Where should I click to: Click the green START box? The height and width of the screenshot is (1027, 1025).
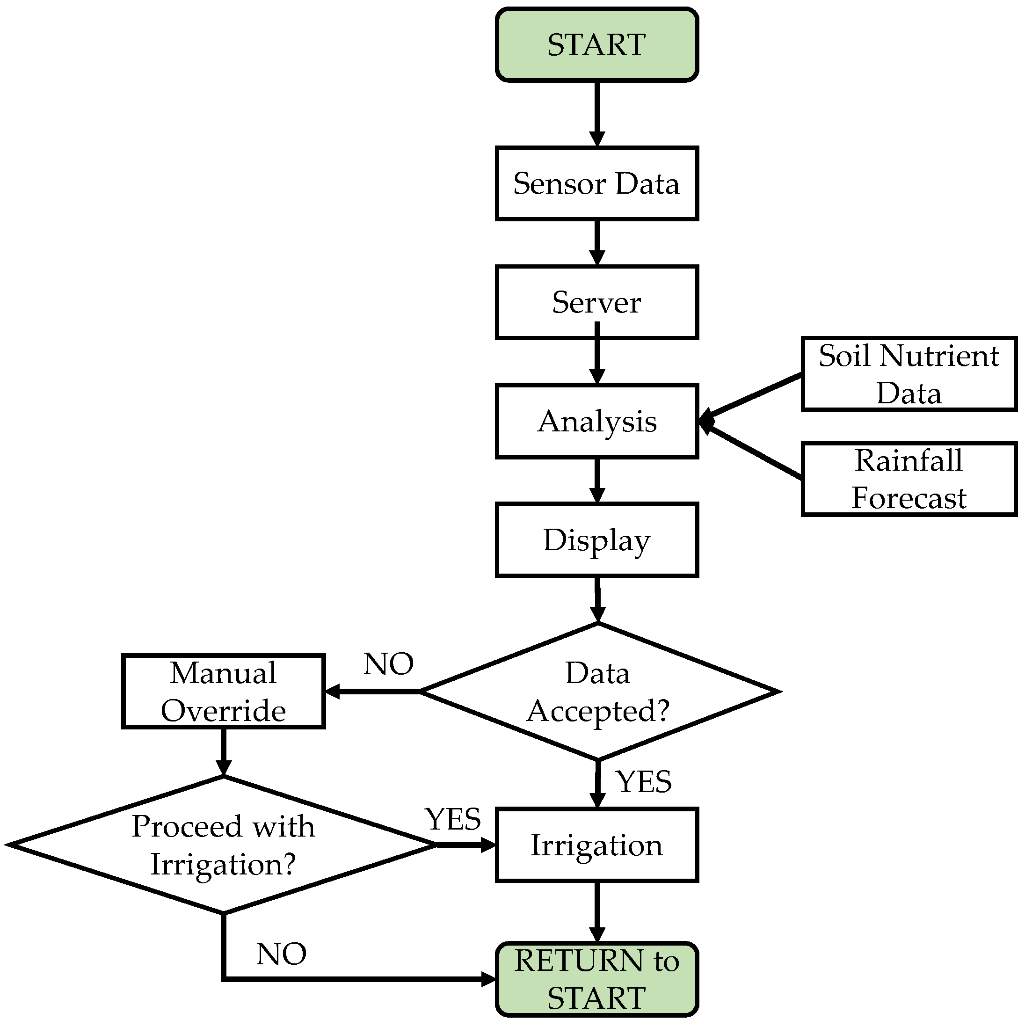tap(596, 44)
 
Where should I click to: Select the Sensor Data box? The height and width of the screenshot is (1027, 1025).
tap(596, 183)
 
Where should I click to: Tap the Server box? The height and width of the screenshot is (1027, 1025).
tap(596, 302)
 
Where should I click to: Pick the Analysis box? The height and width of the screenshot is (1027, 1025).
tap(596, 421)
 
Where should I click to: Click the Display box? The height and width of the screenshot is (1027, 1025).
tap(596, 539)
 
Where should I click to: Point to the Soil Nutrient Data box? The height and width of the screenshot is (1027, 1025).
tap(909, 374)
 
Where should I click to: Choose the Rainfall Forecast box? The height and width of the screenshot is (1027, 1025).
tap(909, 479)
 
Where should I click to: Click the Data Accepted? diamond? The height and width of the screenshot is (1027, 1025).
tap(598, 692)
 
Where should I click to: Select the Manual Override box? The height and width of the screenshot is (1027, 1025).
tap(223, 692)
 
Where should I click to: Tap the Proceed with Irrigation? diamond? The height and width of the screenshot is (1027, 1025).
tap(223, 845)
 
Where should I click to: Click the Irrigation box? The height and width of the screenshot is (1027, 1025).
tap(596, 845)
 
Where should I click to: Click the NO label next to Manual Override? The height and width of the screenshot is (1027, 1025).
tap(389, 664)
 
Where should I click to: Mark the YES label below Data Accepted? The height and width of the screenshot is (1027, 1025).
tap(644, 781)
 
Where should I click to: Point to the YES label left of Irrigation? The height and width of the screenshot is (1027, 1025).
tap(453, 819)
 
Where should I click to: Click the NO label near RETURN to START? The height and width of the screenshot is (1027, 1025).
tap(281, 954)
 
